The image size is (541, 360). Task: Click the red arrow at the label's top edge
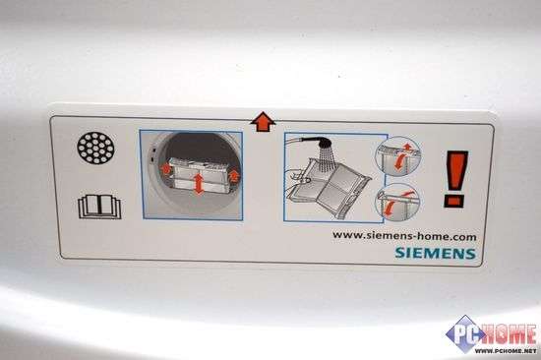263,122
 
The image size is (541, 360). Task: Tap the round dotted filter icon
95,148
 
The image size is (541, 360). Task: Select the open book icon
99,207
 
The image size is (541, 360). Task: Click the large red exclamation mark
456,179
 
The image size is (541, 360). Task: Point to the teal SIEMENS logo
436,253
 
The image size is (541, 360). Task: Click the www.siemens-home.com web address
404,236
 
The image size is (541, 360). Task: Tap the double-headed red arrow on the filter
199,184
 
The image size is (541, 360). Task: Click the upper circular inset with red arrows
397,156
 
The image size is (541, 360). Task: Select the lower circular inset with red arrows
398,202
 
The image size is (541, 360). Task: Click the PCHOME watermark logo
491,334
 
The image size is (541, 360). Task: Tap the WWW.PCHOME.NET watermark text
506,351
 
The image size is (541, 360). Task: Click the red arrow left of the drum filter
166,169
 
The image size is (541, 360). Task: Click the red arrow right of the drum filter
233,175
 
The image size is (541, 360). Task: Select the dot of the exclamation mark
455,202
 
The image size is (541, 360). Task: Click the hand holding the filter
297,177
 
